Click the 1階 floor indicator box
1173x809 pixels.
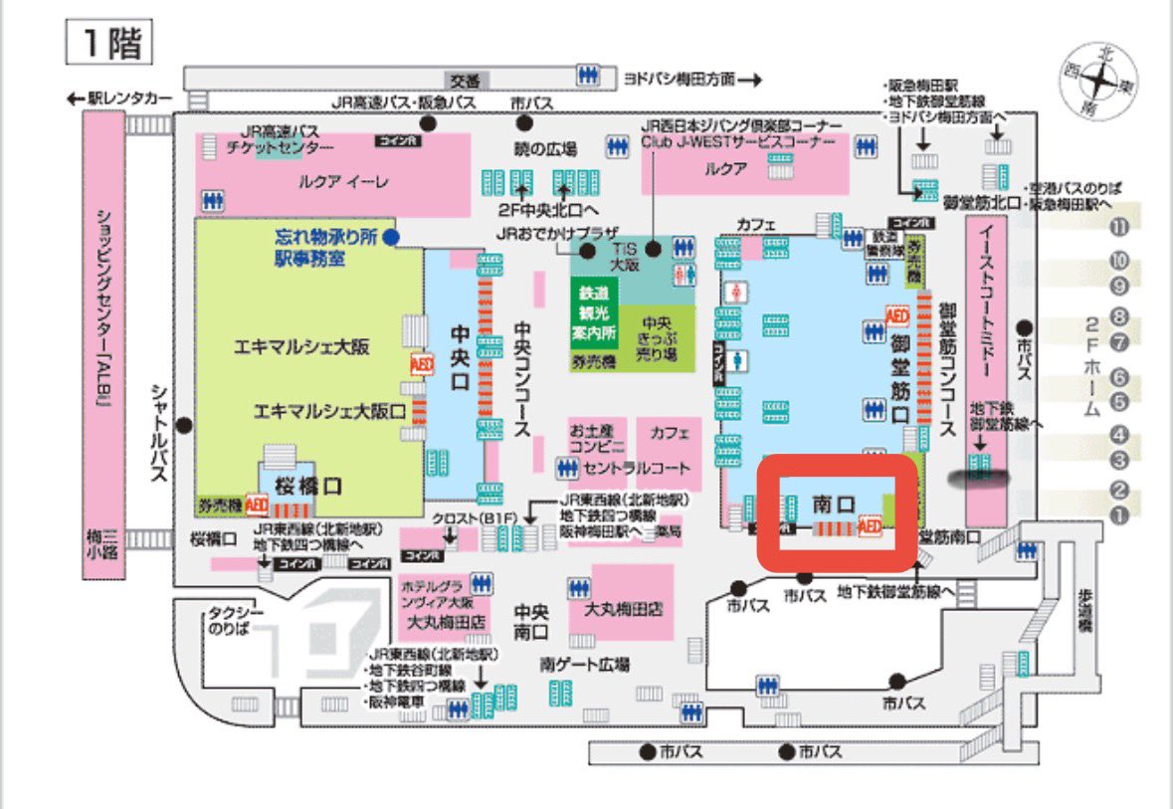(107, 43)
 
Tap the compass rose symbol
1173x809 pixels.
(1098, 81)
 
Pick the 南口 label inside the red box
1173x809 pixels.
(834, 502)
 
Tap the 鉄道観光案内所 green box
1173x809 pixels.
(594, 311)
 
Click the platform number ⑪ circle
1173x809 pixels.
(1120, 226)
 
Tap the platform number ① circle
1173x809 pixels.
(1120, 515)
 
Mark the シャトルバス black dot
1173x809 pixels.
(183, 425)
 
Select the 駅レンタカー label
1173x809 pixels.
(128, 98)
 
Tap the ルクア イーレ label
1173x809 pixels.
(332, 182)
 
